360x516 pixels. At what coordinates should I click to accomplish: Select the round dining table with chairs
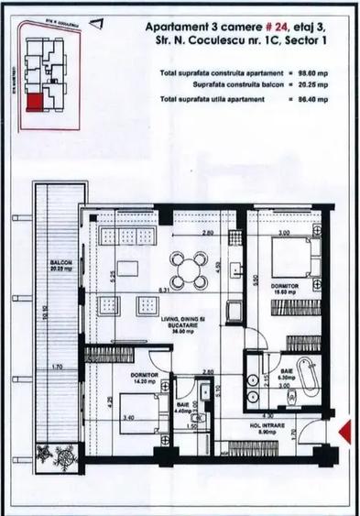[187, 269]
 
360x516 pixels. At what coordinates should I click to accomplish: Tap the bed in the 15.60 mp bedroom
[293, 259]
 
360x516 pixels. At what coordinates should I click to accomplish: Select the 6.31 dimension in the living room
[162, 291]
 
